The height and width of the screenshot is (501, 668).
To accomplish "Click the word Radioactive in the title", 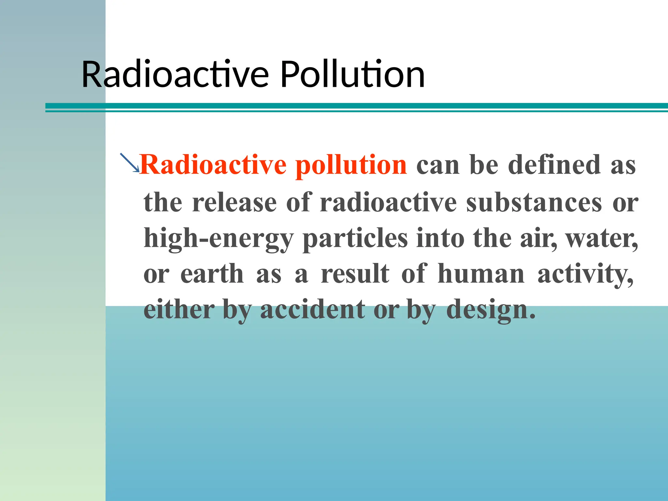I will (175, 75).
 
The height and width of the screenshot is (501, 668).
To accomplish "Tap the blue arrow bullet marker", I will (129, 162).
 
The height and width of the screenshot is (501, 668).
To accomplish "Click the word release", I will (235, 203).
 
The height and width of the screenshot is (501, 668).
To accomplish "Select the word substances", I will (534, 203).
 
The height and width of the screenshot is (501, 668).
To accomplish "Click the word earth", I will (212, 274).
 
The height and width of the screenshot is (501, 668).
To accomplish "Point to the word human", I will (481, 274).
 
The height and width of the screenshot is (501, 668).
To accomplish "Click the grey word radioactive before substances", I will (388, 203).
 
